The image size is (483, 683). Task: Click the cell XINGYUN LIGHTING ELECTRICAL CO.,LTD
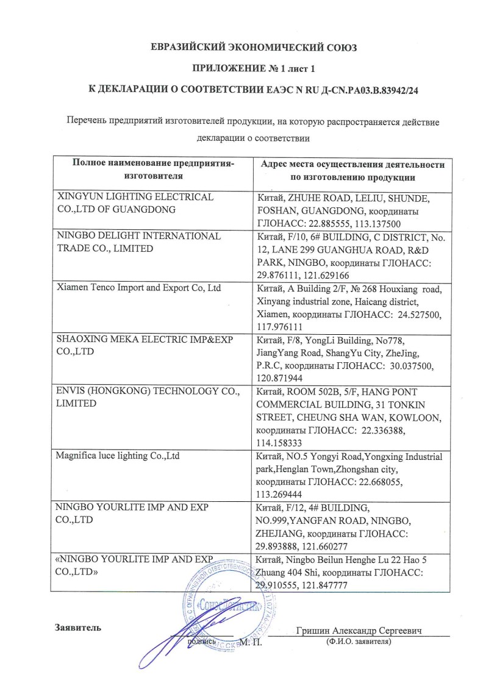pos(135,204)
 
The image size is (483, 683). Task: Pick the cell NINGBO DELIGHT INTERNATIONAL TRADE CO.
pos(139,241)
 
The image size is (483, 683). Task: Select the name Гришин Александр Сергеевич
pos(360,630)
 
